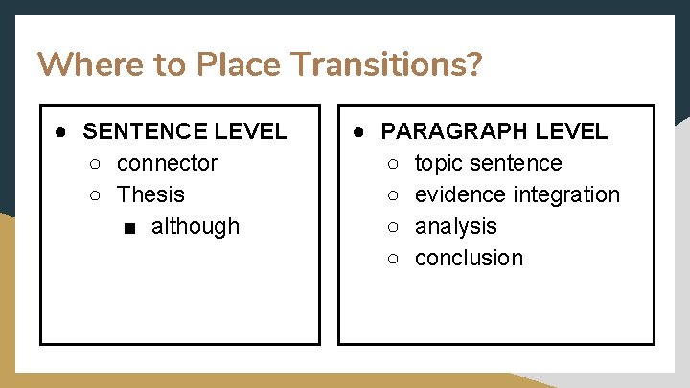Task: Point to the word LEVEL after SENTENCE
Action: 253,131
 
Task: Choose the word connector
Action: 167,163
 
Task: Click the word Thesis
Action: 150,194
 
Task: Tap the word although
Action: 195,226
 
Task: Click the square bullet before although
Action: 129,227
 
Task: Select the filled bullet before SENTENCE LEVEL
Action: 60,131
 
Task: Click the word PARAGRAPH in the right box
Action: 454,131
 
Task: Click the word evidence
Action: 460,194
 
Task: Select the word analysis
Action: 455,226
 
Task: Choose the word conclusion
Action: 469,258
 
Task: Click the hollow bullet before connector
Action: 95,164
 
